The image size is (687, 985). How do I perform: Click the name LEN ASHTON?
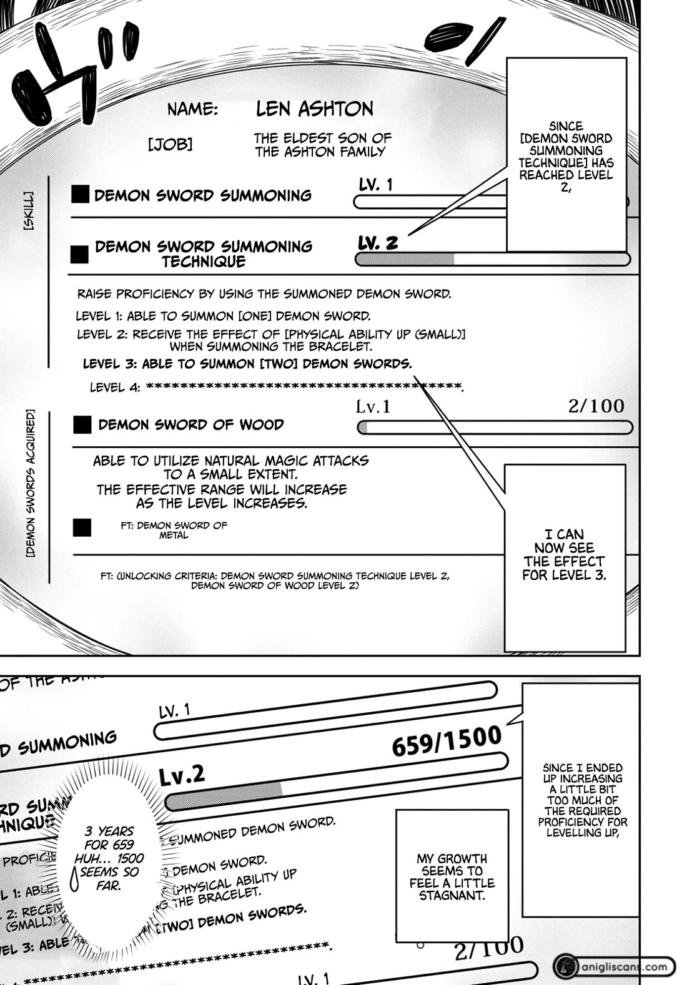click(x=314, y=109)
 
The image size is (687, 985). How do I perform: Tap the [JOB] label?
click(x=170, y=145)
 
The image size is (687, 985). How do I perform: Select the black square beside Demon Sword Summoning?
click(x=80, y=195)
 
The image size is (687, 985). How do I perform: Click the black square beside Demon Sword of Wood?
click(x=82, y=425)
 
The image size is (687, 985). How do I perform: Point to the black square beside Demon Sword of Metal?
click(x=82, y=527)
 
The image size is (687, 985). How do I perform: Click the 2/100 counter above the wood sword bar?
click(x=596, y=406)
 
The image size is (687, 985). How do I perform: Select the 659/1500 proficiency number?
click(x=447, y=741)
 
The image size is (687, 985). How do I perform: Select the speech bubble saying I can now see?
click(x=564, y=554)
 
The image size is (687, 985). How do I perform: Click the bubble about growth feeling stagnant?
click(x=452, y=876)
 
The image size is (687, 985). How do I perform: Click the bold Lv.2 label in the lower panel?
click(x=181, y=775)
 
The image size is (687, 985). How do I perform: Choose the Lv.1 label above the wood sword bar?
click(x=373, y=407)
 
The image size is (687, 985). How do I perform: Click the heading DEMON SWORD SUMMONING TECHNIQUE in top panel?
click(x=203, y=253)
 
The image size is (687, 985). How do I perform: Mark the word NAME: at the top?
click(x=192, y=110)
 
